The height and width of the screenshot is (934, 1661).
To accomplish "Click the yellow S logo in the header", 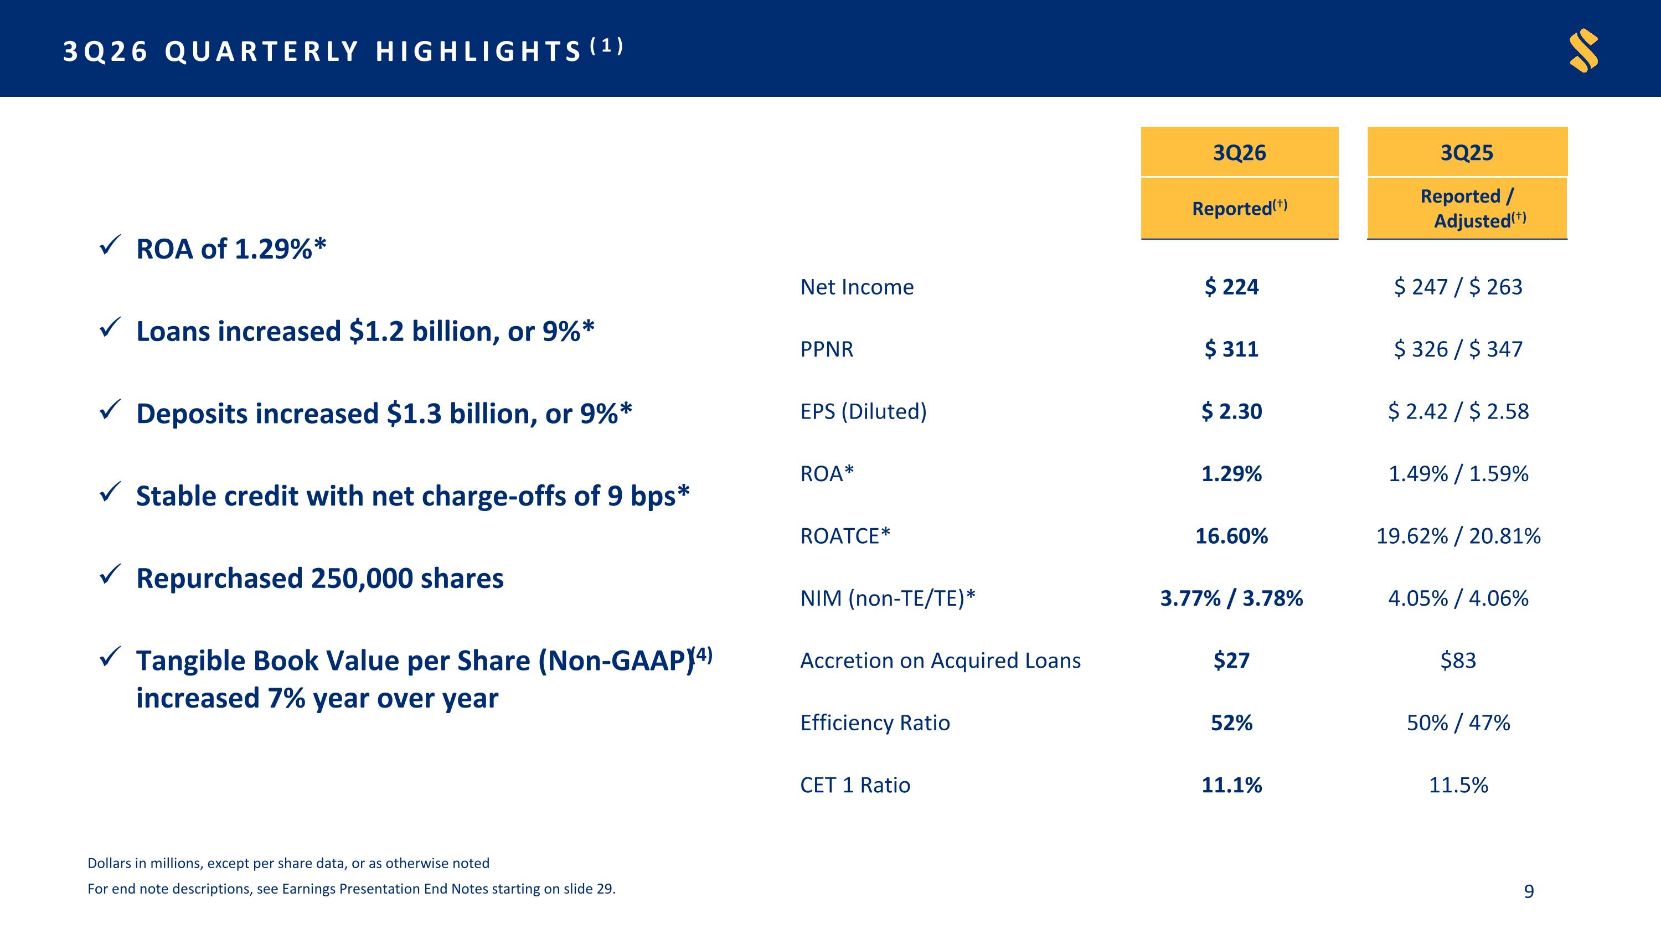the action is tap(1583, 50).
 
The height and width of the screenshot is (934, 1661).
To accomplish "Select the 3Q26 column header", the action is tap(1239, 152).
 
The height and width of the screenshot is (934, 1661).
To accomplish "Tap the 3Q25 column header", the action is tap(1467, 152).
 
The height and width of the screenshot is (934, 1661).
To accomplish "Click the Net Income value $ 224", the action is tap(1231, 287).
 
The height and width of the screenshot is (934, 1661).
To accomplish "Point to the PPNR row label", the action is tap(827, 349).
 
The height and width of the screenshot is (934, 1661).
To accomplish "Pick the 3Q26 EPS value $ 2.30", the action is tap(1231, 411).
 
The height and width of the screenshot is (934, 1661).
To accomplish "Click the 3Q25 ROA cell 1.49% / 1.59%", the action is tap(1458, 474).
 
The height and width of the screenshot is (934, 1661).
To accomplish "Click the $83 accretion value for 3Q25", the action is tap(1458, 660).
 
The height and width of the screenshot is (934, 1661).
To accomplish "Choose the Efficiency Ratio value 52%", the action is tap(1231, 723).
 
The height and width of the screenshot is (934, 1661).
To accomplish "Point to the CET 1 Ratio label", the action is tap(855, 785).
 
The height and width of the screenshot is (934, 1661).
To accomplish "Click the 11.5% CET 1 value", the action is tap(1458, 785).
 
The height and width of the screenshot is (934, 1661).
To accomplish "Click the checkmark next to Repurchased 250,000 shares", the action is tap(110, 574).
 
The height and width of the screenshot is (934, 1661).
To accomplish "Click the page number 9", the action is tap(1529, 891).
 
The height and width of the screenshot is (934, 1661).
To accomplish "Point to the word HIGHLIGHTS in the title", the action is tap(479, 51).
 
